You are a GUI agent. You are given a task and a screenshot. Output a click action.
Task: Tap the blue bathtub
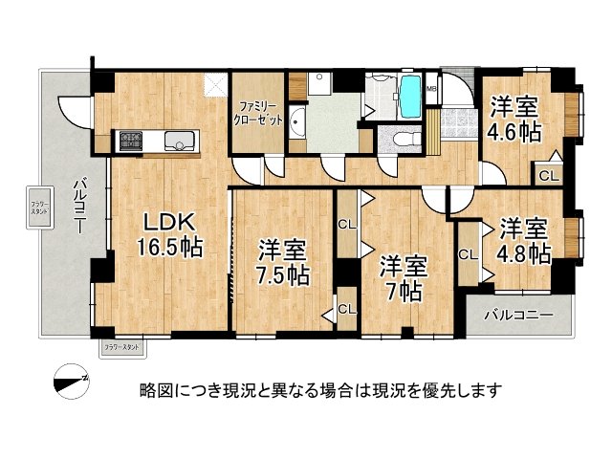pos(408,97)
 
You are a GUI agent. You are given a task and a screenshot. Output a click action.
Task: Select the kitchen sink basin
pos(178,142)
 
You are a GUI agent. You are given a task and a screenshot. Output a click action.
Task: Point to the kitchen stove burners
pos(129,142)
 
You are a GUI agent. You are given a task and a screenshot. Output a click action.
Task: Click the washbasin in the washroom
pos(297,121)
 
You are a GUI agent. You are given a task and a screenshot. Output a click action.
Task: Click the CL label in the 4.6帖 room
pos(550,175)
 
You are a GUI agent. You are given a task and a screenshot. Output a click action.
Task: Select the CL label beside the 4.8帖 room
pos(468,254)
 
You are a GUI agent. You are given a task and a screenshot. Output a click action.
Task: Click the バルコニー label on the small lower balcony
pos(516,314)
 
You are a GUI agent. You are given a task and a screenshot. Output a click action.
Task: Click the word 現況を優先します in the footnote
pos(433,389)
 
